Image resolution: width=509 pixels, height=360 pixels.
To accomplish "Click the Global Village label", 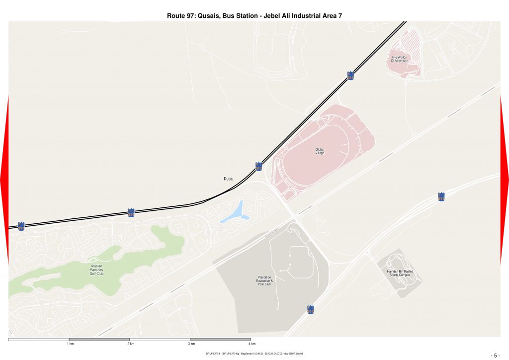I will [x=320, y=151].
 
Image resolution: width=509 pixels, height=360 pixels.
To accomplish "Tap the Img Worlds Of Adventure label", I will [x=399, y=59].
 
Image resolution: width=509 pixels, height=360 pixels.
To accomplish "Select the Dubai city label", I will [x=229, y=179].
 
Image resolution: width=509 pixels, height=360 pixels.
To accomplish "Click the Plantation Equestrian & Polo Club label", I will [x=261, y=281].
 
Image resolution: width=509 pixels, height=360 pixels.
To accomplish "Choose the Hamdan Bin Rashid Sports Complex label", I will [x=400, y=273].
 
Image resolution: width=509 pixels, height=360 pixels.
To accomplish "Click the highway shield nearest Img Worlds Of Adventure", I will [x=350, y=76].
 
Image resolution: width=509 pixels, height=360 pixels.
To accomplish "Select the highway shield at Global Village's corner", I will [x=258, y=167].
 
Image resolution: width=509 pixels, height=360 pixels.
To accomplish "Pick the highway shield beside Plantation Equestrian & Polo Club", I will [x=311, y=310].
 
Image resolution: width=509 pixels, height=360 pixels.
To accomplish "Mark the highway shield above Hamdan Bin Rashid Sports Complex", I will [x=441, y=197].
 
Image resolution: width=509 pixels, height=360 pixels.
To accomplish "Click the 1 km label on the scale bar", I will [x=70, y=344].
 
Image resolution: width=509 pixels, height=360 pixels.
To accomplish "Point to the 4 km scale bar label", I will [x=252, y=344].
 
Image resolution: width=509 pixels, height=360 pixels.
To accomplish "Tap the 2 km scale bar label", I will [x=131, y=344].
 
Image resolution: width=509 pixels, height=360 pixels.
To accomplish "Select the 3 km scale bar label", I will [x=191, y=344].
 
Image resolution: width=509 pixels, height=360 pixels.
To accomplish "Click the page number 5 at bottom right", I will [x=495, y=356].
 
